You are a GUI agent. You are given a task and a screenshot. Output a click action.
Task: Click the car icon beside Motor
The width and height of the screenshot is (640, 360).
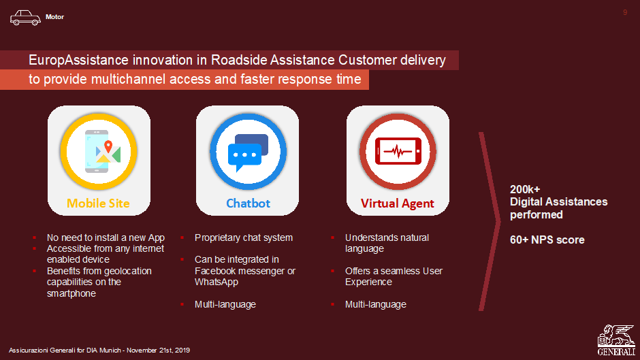(x=25, y=18)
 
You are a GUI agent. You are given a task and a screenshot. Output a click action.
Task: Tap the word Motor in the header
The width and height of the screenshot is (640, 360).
(x=54, y=17)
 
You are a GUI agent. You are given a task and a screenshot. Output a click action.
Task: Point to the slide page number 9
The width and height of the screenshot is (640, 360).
(x=625, y=12)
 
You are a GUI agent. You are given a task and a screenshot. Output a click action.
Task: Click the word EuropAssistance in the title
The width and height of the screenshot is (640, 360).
(x=79, y=60)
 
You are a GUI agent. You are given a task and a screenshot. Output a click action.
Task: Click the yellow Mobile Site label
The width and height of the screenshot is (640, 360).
(x=98, y=203)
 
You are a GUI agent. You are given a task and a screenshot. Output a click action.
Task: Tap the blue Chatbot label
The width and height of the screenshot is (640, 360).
(x=248, y=203)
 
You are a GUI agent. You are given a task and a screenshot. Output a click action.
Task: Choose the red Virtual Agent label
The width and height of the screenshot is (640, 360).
(x=397, y=203)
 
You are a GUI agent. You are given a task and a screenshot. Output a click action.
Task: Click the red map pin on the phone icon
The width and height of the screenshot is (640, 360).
(x=108, y=146)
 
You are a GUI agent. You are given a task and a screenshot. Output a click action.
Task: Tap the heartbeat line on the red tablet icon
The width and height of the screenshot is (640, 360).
(x=398, y=152)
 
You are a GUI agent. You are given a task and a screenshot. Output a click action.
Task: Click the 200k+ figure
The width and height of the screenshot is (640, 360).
(x=525, y=189)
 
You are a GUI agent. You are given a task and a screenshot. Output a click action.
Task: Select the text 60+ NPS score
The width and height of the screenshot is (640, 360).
(x=547, y=240)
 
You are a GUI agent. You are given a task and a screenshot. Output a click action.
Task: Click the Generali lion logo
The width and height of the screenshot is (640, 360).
(x=616, y=340)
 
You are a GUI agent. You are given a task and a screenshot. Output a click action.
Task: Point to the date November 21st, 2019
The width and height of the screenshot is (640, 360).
(x=158, y=350)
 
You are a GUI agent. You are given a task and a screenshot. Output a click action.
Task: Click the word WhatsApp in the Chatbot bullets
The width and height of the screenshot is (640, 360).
(x=217, y=282)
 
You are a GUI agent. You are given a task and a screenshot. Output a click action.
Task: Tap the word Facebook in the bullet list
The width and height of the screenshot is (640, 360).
(x=215, y=271)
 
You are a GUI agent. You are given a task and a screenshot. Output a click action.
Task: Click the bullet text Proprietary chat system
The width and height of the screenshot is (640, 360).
(x=244, y=238)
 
